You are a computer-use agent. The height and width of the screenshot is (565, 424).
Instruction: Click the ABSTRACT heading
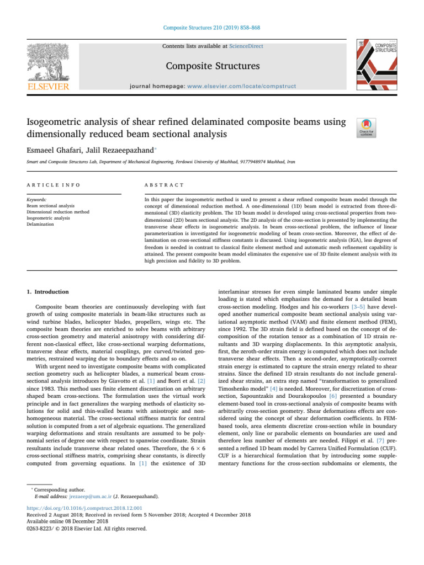pyautogui.click(x=160, y=187)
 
